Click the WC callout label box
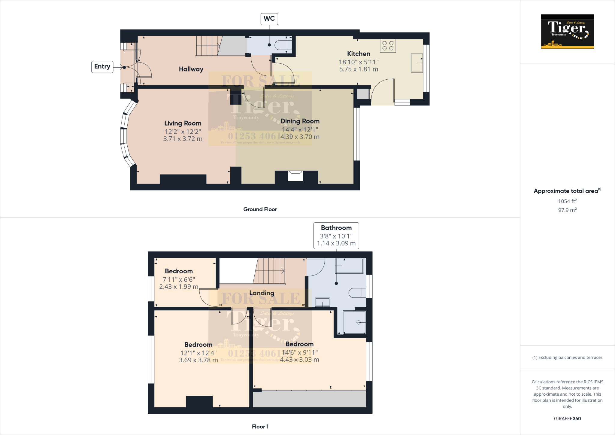[269, 19]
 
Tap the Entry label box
[102, 67]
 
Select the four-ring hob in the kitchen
[388, 46]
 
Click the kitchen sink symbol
[417, 63]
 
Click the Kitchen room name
[359, 54]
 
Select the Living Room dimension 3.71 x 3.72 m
[183, 139]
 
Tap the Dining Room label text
[300, 121]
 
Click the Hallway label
[191, 69]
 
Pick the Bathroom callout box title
[336, 228]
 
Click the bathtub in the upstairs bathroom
[349, 266]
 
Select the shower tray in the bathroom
[354, 322]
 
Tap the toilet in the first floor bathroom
[357, 293]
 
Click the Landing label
[262, 293]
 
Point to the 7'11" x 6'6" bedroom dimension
[179, 279]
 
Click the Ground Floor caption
[260, 209]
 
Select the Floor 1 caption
[260, 427]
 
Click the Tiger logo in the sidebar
[567, 32]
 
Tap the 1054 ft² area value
[567, 201]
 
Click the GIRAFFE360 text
[567, 418]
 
